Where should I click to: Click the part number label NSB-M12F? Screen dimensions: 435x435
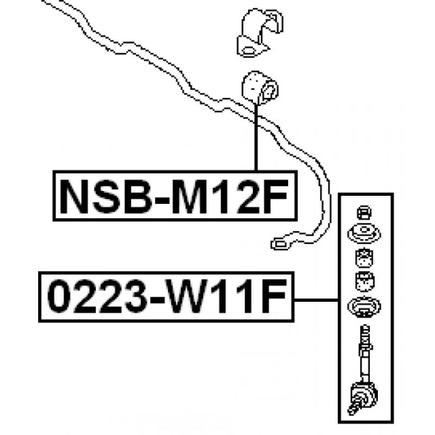[x=175, y=196]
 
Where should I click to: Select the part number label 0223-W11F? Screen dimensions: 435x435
[x=166, y=297]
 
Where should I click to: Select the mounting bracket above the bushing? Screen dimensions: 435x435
[x=260, y=33]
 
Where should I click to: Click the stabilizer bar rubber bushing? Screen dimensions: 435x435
[x=260, y=88]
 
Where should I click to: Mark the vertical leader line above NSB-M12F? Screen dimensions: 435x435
[x=256, y=138]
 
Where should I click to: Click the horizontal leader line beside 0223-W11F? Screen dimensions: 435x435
[x=316, y=300]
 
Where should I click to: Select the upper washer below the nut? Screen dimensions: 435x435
[x=364, y=234]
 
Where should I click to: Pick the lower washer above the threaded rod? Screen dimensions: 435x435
[x=364, y=307]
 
